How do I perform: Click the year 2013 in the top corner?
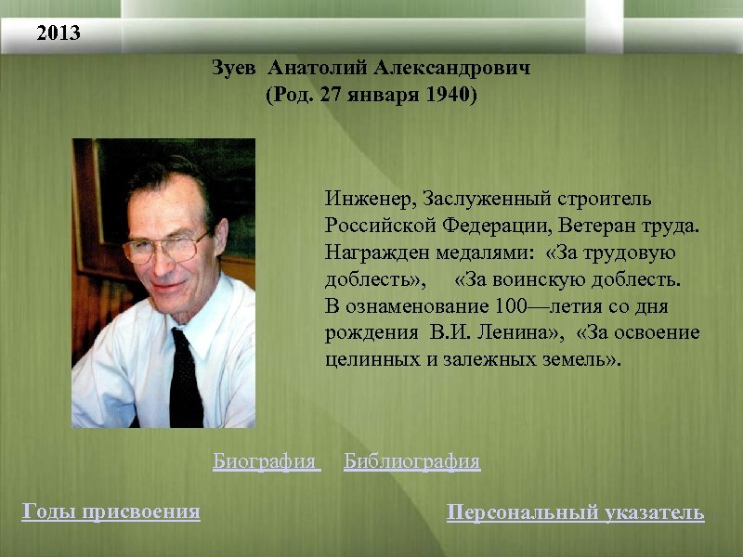click(x=59, y=34)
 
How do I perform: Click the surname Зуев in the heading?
click(x=236, y=70)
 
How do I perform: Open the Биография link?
click(x=266, y=461)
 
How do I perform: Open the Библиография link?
click(x=411, y=461)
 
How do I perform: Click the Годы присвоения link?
click(x=111, y=511)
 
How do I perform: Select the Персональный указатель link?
click(x=575, y=512)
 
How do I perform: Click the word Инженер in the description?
click(x=369, y=200)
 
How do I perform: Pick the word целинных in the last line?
click(x=363, y=359)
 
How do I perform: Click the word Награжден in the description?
click(x=369, y=253)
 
